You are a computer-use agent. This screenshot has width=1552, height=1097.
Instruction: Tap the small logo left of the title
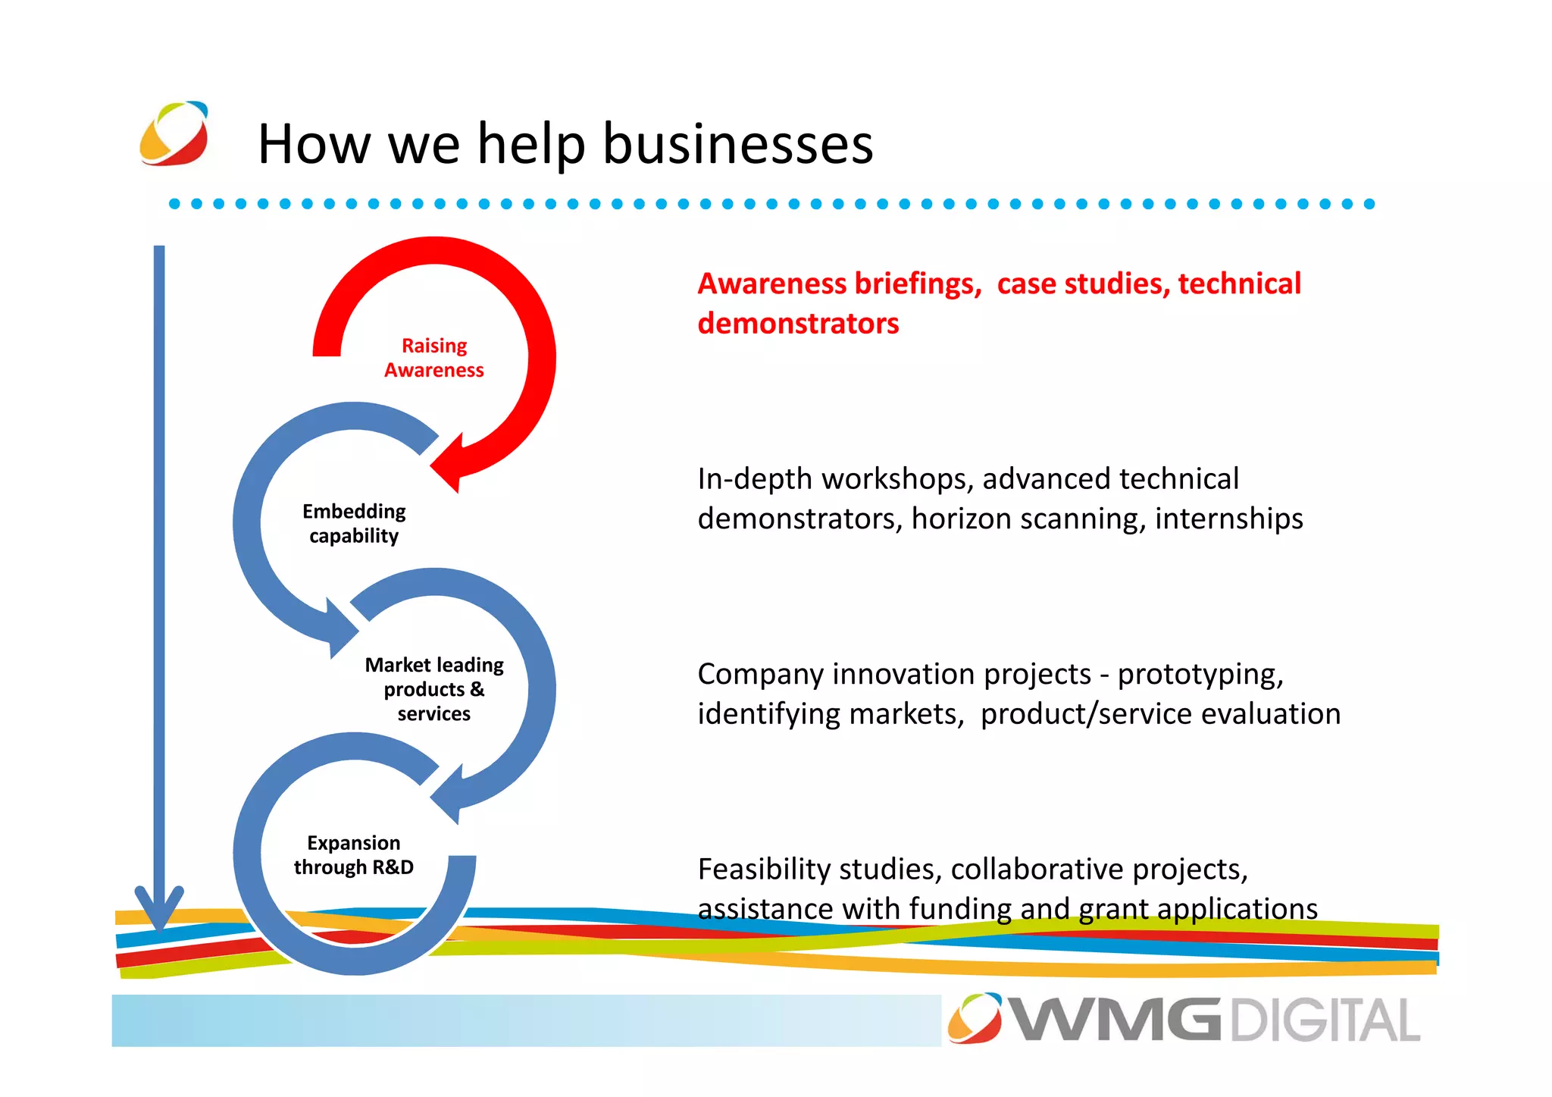174,133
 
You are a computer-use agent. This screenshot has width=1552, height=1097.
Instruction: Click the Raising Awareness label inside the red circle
433,358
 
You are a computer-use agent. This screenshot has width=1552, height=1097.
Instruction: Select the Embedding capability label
354,523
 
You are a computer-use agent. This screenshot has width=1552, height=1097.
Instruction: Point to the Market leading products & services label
434,689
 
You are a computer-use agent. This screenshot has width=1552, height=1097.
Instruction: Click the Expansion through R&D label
354,855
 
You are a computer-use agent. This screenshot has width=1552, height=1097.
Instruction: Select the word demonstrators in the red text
798,324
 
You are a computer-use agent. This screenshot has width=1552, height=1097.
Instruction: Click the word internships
1228,519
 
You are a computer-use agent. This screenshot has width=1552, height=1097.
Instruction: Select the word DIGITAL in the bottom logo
1325,1020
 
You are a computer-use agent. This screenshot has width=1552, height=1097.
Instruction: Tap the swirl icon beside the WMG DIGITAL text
975,1017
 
